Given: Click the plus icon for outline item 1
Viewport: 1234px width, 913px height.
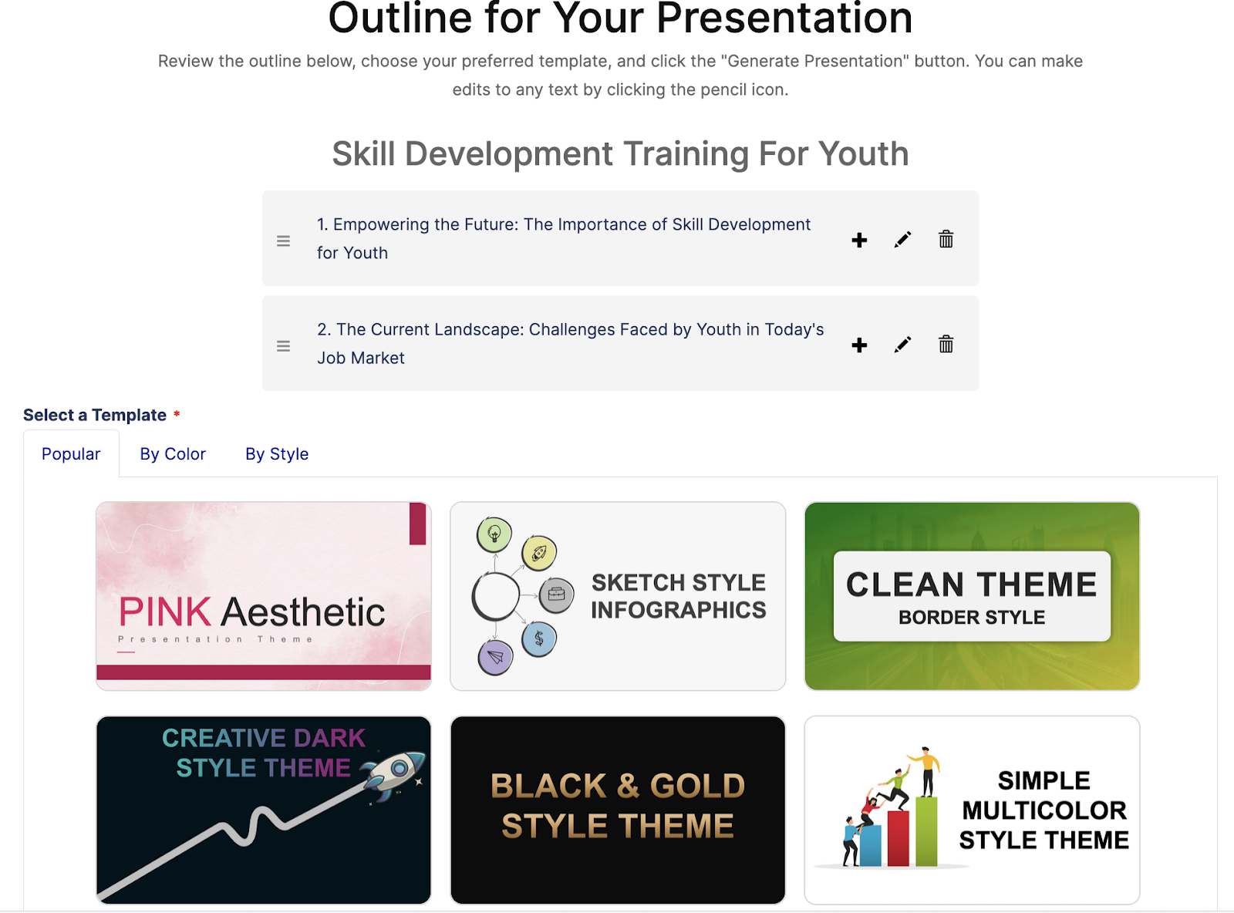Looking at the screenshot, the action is [x=859, y=241].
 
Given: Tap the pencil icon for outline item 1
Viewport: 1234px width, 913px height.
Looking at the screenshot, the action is [x=902, y=240].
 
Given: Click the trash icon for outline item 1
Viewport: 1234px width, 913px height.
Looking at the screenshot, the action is [x=946, y=239].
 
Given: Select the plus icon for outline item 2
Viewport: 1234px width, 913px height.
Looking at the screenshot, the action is [x=859, y=345].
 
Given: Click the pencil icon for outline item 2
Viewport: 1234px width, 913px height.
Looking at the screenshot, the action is [x=902, y=345].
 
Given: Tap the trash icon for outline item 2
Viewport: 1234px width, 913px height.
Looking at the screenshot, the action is [x=946, y=344].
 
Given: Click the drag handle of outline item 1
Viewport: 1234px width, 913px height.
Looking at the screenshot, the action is [x=283, y=241].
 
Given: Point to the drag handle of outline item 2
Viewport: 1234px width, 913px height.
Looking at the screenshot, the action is [x=283, y=346].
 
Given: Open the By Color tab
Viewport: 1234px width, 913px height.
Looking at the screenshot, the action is [x=173, y=454].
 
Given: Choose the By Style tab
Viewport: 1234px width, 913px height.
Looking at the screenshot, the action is [x=277, y=454].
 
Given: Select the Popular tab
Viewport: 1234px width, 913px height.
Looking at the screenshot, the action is [x=71, y=454].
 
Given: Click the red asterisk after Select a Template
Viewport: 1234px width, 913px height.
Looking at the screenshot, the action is [x=177, y=413].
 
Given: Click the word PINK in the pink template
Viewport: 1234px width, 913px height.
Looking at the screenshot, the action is [x=165, y=611].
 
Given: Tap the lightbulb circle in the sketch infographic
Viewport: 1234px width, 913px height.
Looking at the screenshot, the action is [x=494, y=534].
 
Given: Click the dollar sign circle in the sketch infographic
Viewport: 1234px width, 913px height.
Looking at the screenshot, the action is [x=539, y=639].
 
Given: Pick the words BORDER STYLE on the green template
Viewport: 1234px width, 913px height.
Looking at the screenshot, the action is [x=972, y=617].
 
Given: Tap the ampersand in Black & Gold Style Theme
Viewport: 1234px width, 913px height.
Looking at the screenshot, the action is [x=628, y=786].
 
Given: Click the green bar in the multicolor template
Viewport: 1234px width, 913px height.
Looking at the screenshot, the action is [x=926, y=831].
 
